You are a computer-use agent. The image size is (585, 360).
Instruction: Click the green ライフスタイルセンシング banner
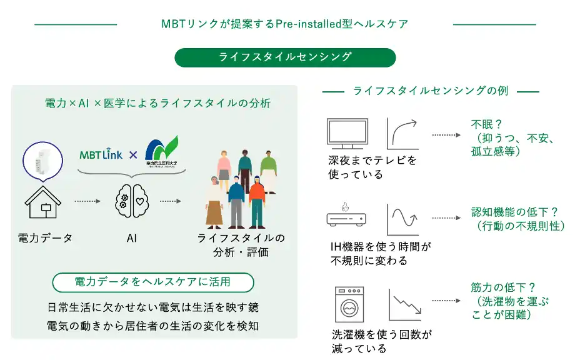[x=285, y=57]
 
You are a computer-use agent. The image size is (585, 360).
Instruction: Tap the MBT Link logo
[x=101, y=154]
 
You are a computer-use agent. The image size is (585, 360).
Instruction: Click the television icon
[x=347, y=133]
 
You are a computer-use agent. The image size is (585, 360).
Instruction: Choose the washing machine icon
[x=349, y=303]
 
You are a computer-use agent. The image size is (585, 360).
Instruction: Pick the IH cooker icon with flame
[x=346, y=215]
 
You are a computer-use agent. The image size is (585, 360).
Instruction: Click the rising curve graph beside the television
[x=402, y=133]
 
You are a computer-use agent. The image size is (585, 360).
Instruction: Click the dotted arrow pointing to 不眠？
[x=445, y=134]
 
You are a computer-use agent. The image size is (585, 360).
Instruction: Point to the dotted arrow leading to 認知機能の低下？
[x=445, y=219]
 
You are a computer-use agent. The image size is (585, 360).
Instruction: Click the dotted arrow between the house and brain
[x=87, y=202]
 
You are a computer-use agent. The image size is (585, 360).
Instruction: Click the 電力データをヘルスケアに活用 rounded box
[x=153, y=282]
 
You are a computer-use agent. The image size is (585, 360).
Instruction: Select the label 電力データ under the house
[x=45, y=238]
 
